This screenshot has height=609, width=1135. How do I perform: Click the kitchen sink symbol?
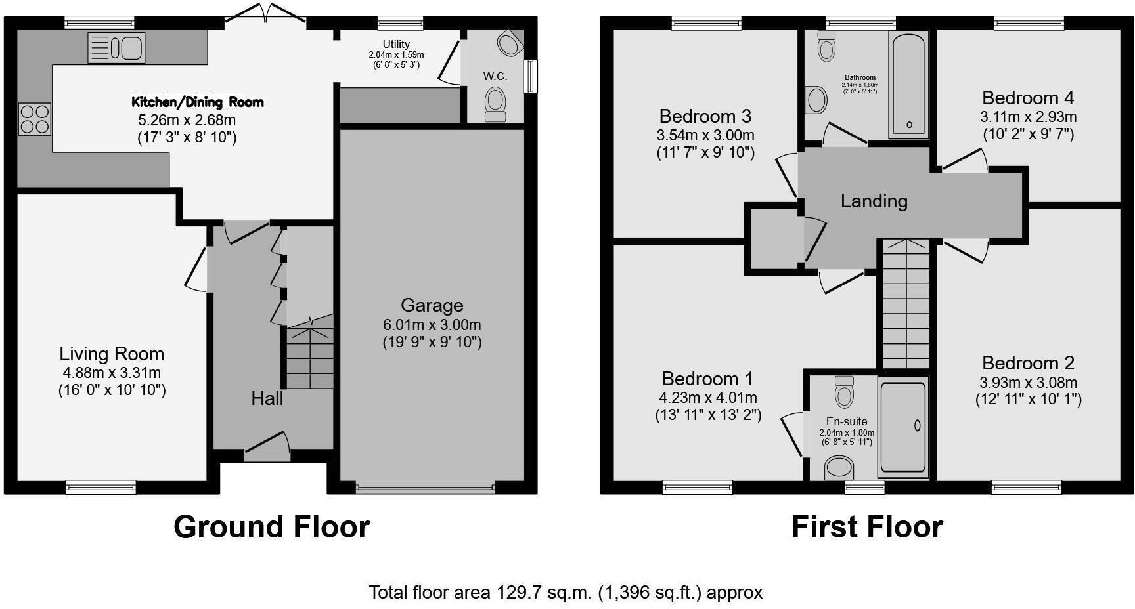coord(116,48)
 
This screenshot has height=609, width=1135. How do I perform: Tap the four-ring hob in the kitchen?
coord(34,119)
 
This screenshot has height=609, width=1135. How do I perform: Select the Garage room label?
coord(432,305)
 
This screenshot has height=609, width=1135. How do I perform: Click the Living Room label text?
coord(112,354)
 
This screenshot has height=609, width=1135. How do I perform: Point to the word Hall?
coord(267,398)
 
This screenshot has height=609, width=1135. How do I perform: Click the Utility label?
coord(396,44)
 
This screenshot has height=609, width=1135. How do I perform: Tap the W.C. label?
coord(495,76)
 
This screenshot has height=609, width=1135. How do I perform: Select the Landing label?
coord(874,201)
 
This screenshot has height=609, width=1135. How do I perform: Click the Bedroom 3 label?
coord(705,117)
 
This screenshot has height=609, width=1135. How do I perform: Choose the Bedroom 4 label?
coord(1028,98)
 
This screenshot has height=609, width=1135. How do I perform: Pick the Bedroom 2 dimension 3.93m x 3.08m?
coord(1028,383)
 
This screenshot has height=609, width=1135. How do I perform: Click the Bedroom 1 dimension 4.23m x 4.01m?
coord(708,398)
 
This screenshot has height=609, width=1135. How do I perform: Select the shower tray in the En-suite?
coord(903,427)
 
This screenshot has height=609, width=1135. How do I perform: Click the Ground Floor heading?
coord(271,527)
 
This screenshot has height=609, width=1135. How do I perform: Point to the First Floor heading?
coord(867,527)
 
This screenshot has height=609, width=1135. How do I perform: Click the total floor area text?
coord(566,593)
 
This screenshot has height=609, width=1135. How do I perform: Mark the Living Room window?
coord(100,487)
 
